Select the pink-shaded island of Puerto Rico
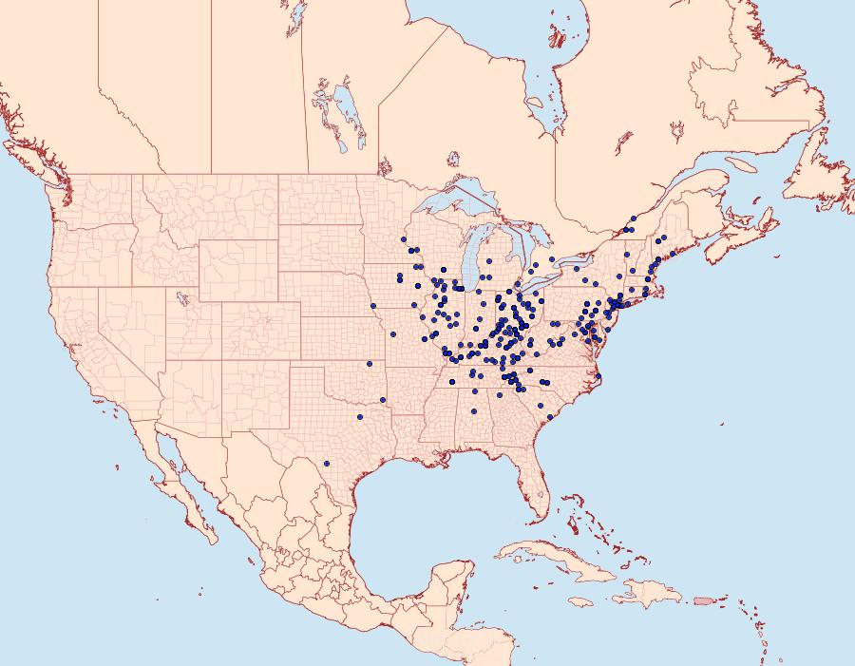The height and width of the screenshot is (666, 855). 702,599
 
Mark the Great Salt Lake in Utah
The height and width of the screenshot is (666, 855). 180,297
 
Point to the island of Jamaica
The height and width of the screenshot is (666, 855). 579,601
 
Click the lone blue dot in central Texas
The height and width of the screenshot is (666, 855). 326,465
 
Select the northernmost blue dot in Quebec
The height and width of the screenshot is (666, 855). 634,219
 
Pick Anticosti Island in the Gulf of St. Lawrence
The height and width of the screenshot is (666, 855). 744,163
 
